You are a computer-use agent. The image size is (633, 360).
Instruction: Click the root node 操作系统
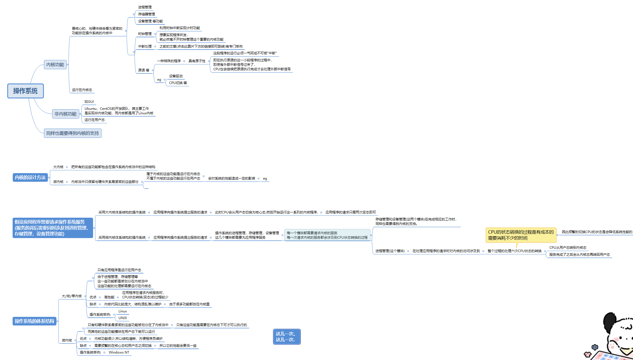pyautogui.click(x=25, y=91)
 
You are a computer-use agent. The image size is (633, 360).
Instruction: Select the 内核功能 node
pyautogui.click(x=55, y=65)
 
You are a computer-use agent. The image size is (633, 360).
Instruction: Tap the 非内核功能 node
pyautogui.click(x=66, y=114)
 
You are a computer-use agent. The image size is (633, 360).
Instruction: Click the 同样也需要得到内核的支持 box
pyautogui.click(x=73, y=133)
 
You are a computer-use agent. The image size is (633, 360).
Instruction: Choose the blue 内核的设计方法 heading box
pyautogui.click(x=30, y=178)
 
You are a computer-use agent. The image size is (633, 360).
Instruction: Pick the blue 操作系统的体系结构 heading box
pyautogui.click(x=34, y=321)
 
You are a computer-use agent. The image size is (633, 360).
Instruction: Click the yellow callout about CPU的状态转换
pyautogui.click(x=521, y=235)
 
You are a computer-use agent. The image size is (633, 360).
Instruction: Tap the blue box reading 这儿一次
pyautogui.click(x=287, y=337)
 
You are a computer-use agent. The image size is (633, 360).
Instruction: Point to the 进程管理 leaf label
pyautogui.click(x=145, y=7)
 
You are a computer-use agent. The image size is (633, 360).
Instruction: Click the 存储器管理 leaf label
pyautogui.click(x=146, y=14)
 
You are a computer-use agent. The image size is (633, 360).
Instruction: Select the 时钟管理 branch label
pyautogui.click(x=145, y=34)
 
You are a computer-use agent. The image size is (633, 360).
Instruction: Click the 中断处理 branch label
pyautogui.click(x=145, y=47)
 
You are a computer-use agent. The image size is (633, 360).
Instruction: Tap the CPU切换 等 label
pyautogui.click(x=178, y=83)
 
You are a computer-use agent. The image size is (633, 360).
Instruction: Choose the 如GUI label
pyautogui.click(x=89, y=102)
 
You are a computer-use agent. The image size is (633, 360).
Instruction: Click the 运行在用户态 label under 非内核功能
pyautogui.click(x=95, y=120)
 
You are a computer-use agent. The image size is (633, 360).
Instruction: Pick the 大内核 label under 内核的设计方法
pyautogui.click(x=58, y=167)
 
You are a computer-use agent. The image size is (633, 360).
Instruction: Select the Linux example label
pyautogui.click(x=123, y=311)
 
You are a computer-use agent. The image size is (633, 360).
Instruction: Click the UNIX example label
pyautogui.click(x=123, y=318)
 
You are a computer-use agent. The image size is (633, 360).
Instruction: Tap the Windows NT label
pyautogui.click(x=119, y=352)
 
